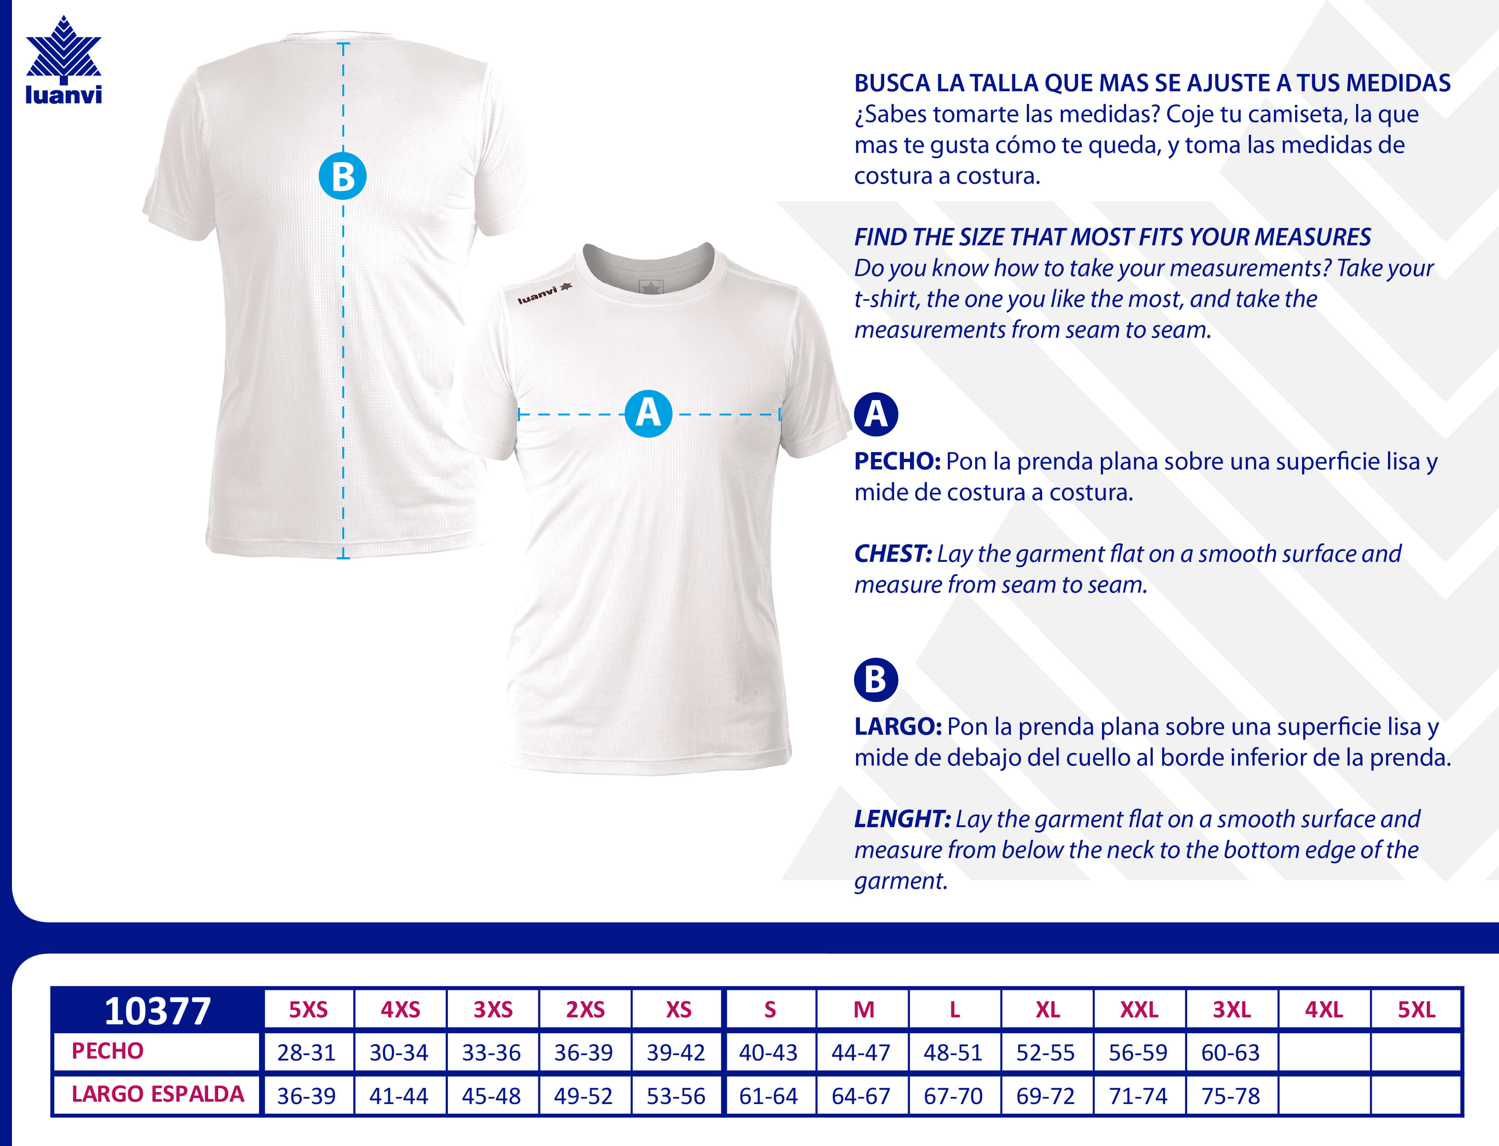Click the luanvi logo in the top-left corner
pos(64,61)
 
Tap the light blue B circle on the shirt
pos(343,176)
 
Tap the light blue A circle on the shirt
pos(648,413)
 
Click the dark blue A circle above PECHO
pos(876,414)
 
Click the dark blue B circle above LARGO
pos(876,679)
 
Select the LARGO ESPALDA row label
pos(158,1094)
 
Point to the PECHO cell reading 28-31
pos(306,1052)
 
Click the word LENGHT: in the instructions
pos(902,819)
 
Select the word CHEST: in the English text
pos(893,553)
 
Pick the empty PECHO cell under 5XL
pos(1416,1052)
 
